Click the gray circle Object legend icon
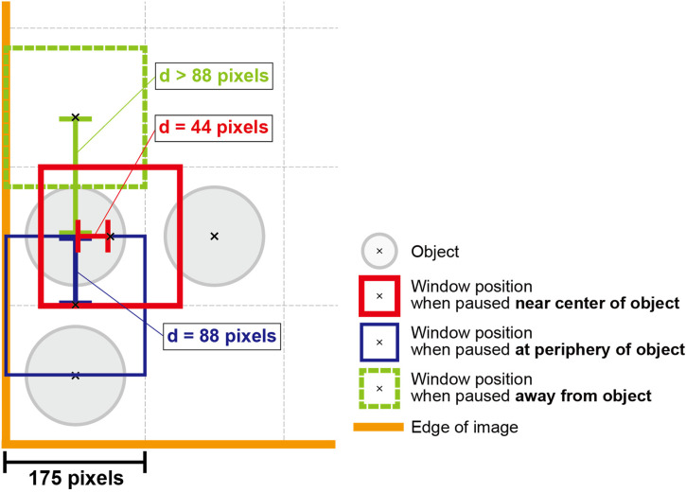point(378,252)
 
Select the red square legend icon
point(378,295)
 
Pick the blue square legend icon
point(378,341)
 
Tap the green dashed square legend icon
point(378,387)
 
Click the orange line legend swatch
point(378,428)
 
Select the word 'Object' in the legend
point(434,252)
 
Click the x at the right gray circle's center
point(214,236)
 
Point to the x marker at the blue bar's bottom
point(76,304)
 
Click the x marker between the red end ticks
point(110,236)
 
